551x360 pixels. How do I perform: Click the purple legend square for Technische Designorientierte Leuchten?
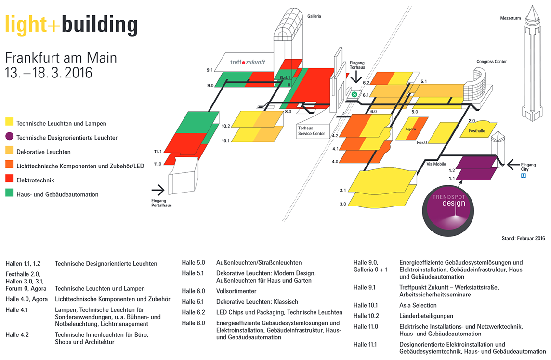[x=10, y=136]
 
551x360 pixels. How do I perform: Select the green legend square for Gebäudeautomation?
[x=10, y=193]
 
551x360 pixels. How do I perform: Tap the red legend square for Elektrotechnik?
[x=10, y=179]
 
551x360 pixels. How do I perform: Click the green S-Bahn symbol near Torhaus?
[x=354, y=94]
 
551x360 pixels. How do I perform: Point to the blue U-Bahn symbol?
[x=523, y=176]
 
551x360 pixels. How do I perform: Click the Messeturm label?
[x=510, y=18]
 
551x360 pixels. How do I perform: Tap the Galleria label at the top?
[x=314, y=16]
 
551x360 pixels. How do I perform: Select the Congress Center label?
[x=491, y=62]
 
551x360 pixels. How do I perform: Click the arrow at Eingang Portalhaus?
[x=158, y=190]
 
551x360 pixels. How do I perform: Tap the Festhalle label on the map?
[x=476, y=131]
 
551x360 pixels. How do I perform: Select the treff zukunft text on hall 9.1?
[x=248, y=62]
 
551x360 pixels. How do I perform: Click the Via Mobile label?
[x=436, y=164]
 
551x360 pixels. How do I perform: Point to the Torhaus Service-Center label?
[x=311, y=131]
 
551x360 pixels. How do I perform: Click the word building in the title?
[x=99, y=26]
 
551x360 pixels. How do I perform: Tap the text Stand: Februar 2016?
[x=523, y=239]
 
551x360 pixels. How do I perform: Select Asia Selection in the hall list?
[x=418, y=305]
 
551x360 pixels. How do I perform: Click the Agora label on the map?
[x=410, y=129]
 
